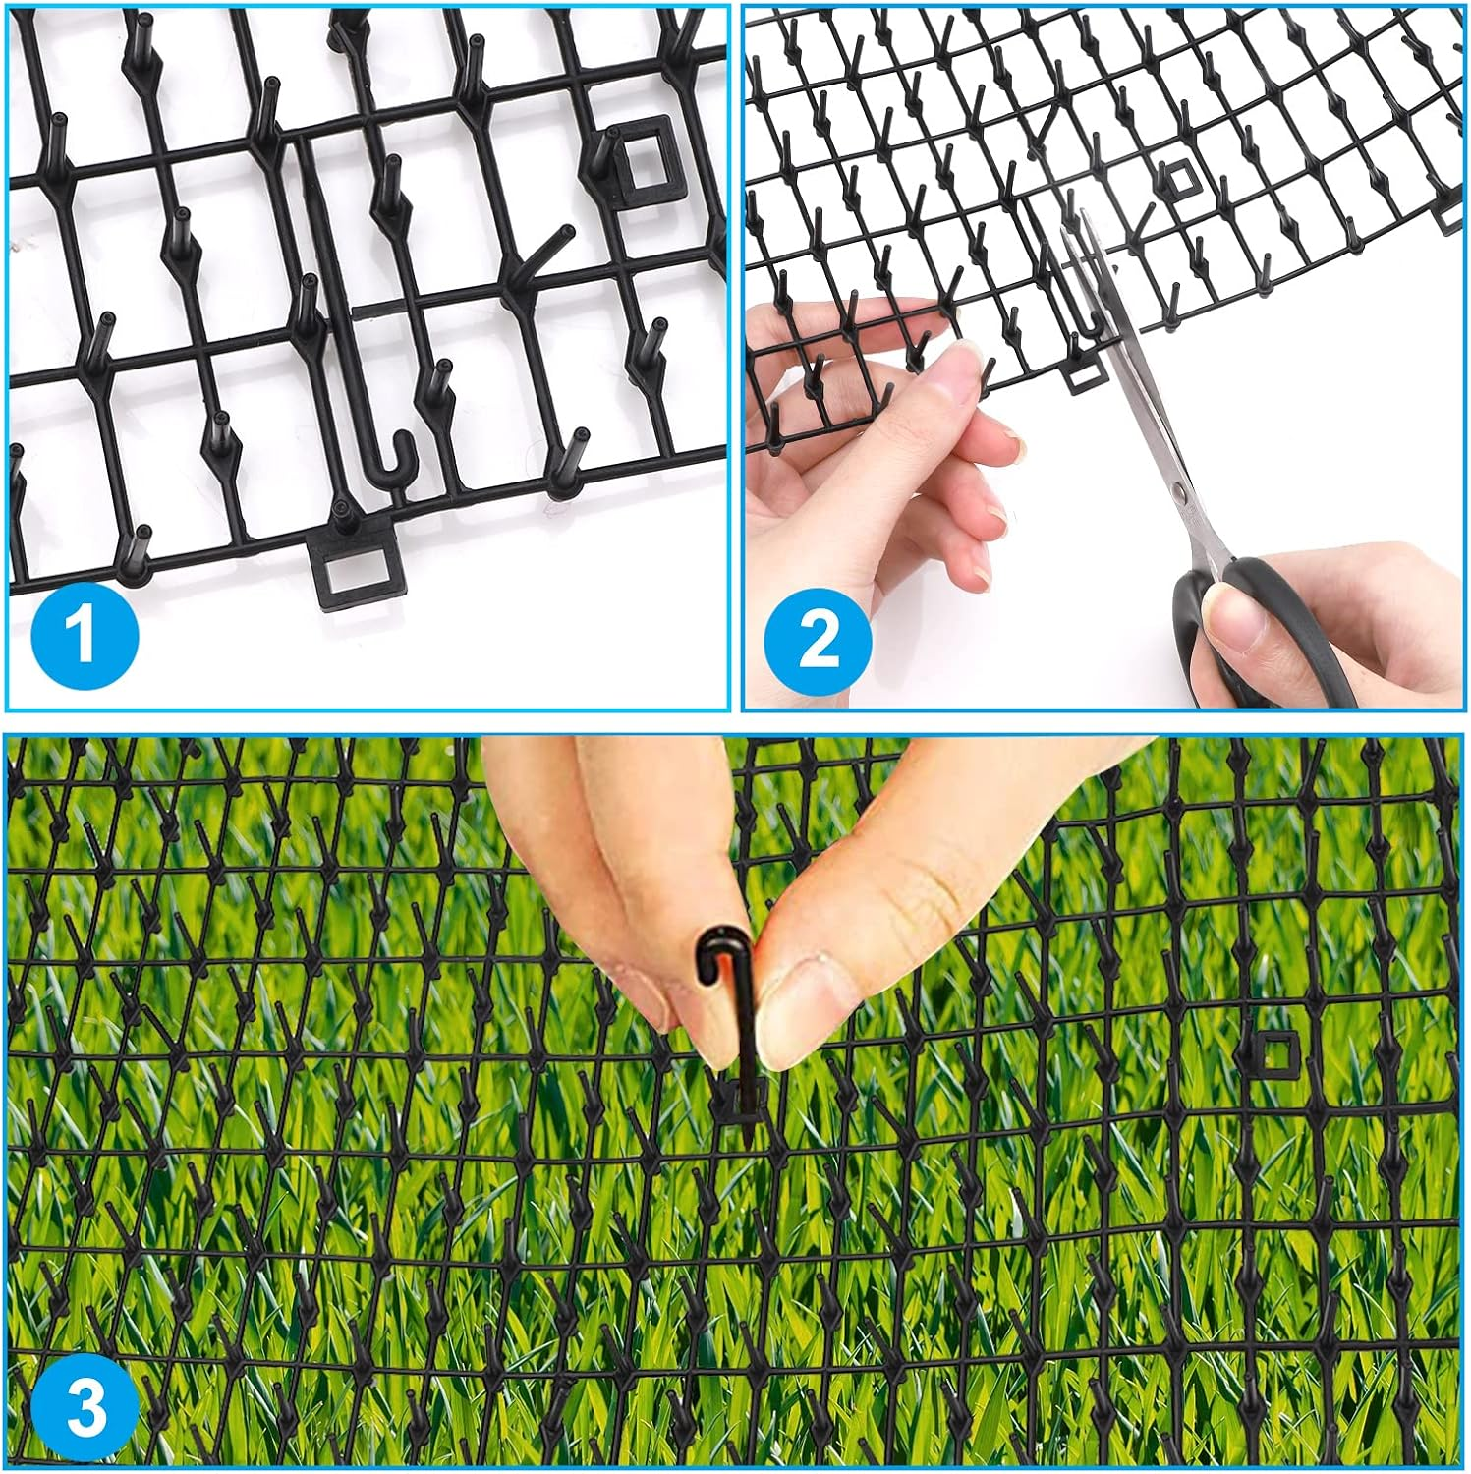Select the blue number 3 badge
[85, 1407]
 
